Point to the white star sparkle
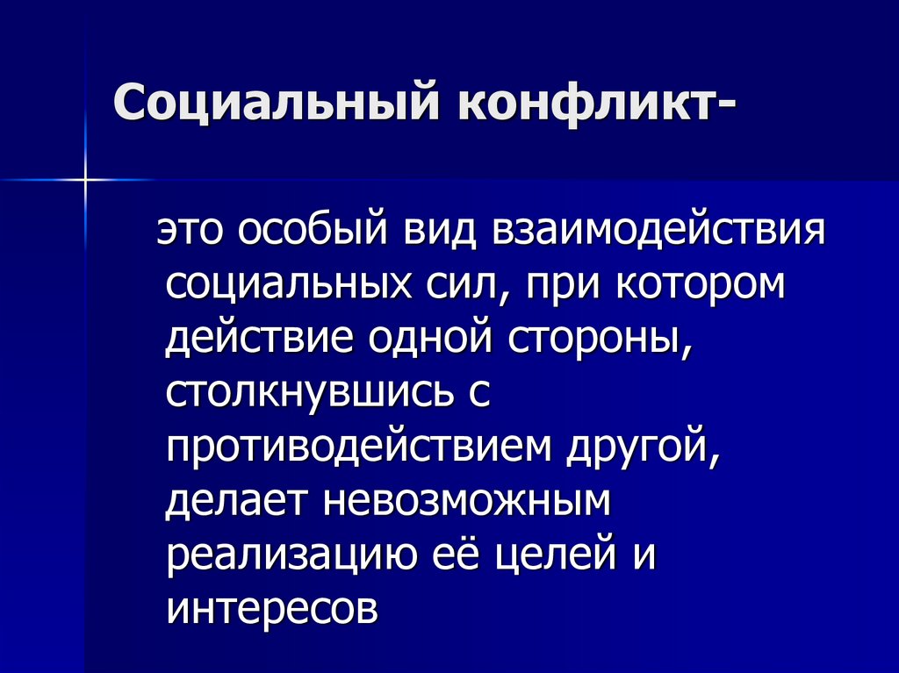tap(85, 180)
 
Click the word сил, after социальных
tap(464, 287)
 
